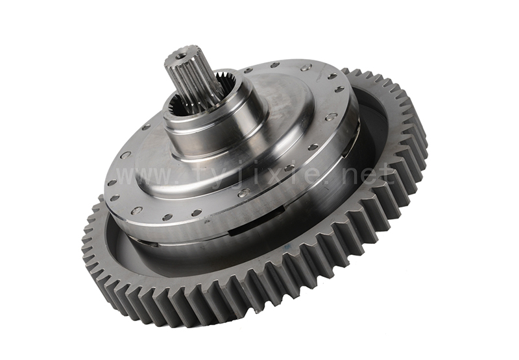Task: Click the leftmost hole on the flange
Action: click(x=112, y=182)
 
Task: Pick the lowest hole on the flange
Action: click(x=167, y=217)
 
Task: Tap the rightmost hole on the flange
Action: click(x=339, y=90)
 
